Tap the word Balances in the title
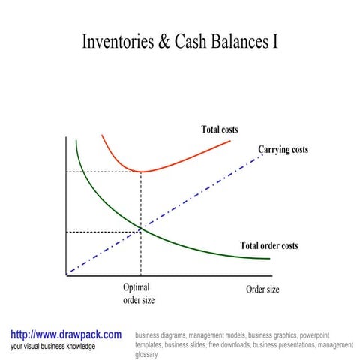241,42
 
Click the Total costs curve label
220,130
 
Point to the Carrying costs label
283,150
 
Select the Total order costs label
268,245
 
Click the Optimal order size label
139,293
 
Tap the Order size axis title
262,289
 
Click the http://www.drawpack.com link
66,334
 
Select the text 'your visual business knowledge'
52,346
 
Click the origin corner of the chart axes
67,275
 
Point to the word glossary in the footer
147,354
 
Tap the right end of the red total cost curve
230,141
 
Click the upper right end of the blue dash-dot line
262,154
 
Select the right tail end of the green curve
268,259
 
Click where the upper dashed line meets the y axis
67,172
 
